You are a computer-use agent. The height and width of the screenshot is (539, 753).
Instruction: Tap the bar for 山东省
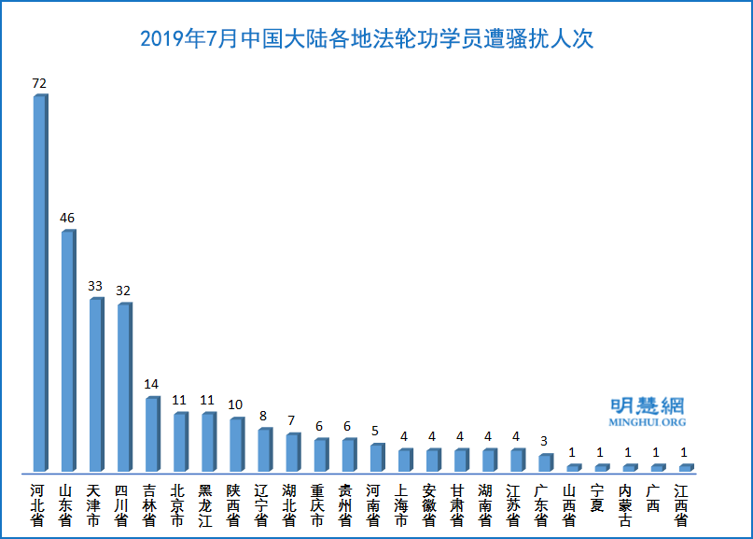(x=67, y=350)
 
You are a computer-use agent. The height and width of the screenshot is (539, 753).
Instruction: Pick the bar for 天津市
(x=95, y=384)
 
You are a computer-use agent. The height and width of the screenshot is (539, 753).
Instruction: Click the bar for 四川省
(x=123, y=387)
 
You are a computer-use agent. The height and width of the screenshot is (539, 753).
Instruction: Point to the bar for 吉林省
(x=151, y=433)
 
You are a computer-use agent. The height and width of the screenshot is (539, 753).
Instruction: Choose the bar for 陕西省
(x=236, y=444)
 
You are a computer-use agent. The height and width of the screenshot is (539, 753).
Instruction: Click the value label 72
(x=39, y=83)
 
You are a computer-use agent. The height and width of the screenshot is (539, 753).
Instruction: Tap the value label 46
(x=67, y=218)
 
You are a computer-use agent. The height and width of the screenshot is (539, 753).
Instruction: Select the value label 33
(x=95, y=286)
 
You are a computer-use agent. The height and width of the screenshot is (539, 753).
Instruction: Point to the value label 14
(x=151, y=384)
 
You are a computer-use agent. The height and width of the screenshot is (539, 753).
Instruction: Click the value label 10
(x=235, y=404)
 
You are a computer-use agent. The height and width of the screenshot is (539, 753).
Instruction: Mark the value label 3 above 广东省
(x=544, y=441)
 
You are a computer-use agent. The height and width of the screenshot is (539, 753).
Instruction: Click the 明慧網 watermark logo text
(x=647, y=405)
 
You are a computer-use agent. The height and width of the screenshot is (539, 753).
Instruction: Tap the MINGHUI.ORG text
(x=647, y=422)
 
